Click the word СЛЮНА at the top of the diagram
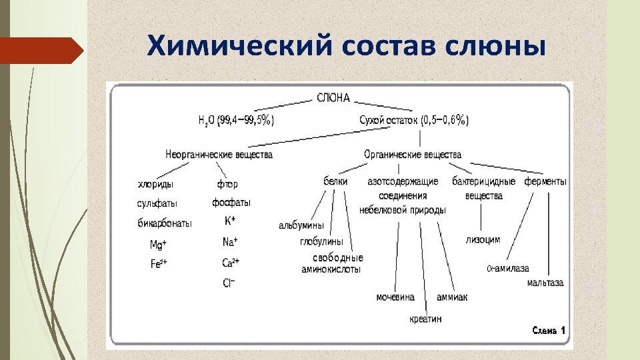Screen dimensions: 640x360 tap(333, 99)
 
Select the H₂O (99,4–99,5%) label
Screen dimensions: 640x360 tap(236, 120)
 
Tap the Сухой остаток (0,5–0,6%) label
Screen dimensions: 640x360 tap(414, 120)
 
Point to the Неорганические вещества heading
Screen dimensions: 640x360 tap(219, 155)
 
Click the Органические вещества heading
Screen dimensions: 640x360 tap(413, 155)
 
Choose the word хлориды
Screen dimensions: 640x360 tap(156, 183)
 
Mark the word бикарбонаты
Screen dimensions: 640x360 tap(165, 223)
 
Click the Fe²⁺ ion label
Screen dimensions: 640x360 tap(159, 263)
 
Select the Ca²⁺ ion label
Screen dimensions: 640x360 tap(231, 263)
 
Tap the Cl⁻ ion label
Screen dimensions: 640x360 tap(229, 283)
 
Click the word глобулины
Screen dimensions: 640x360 tap(321, 241)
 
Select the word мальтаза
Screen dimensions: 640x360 tap(545, 283)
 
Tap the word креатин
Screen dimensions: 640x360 tap(425, 319)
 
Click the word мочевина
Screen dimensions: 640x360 tap(395, 297)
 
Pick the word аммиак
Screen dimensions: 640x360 tap(452, 297)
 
